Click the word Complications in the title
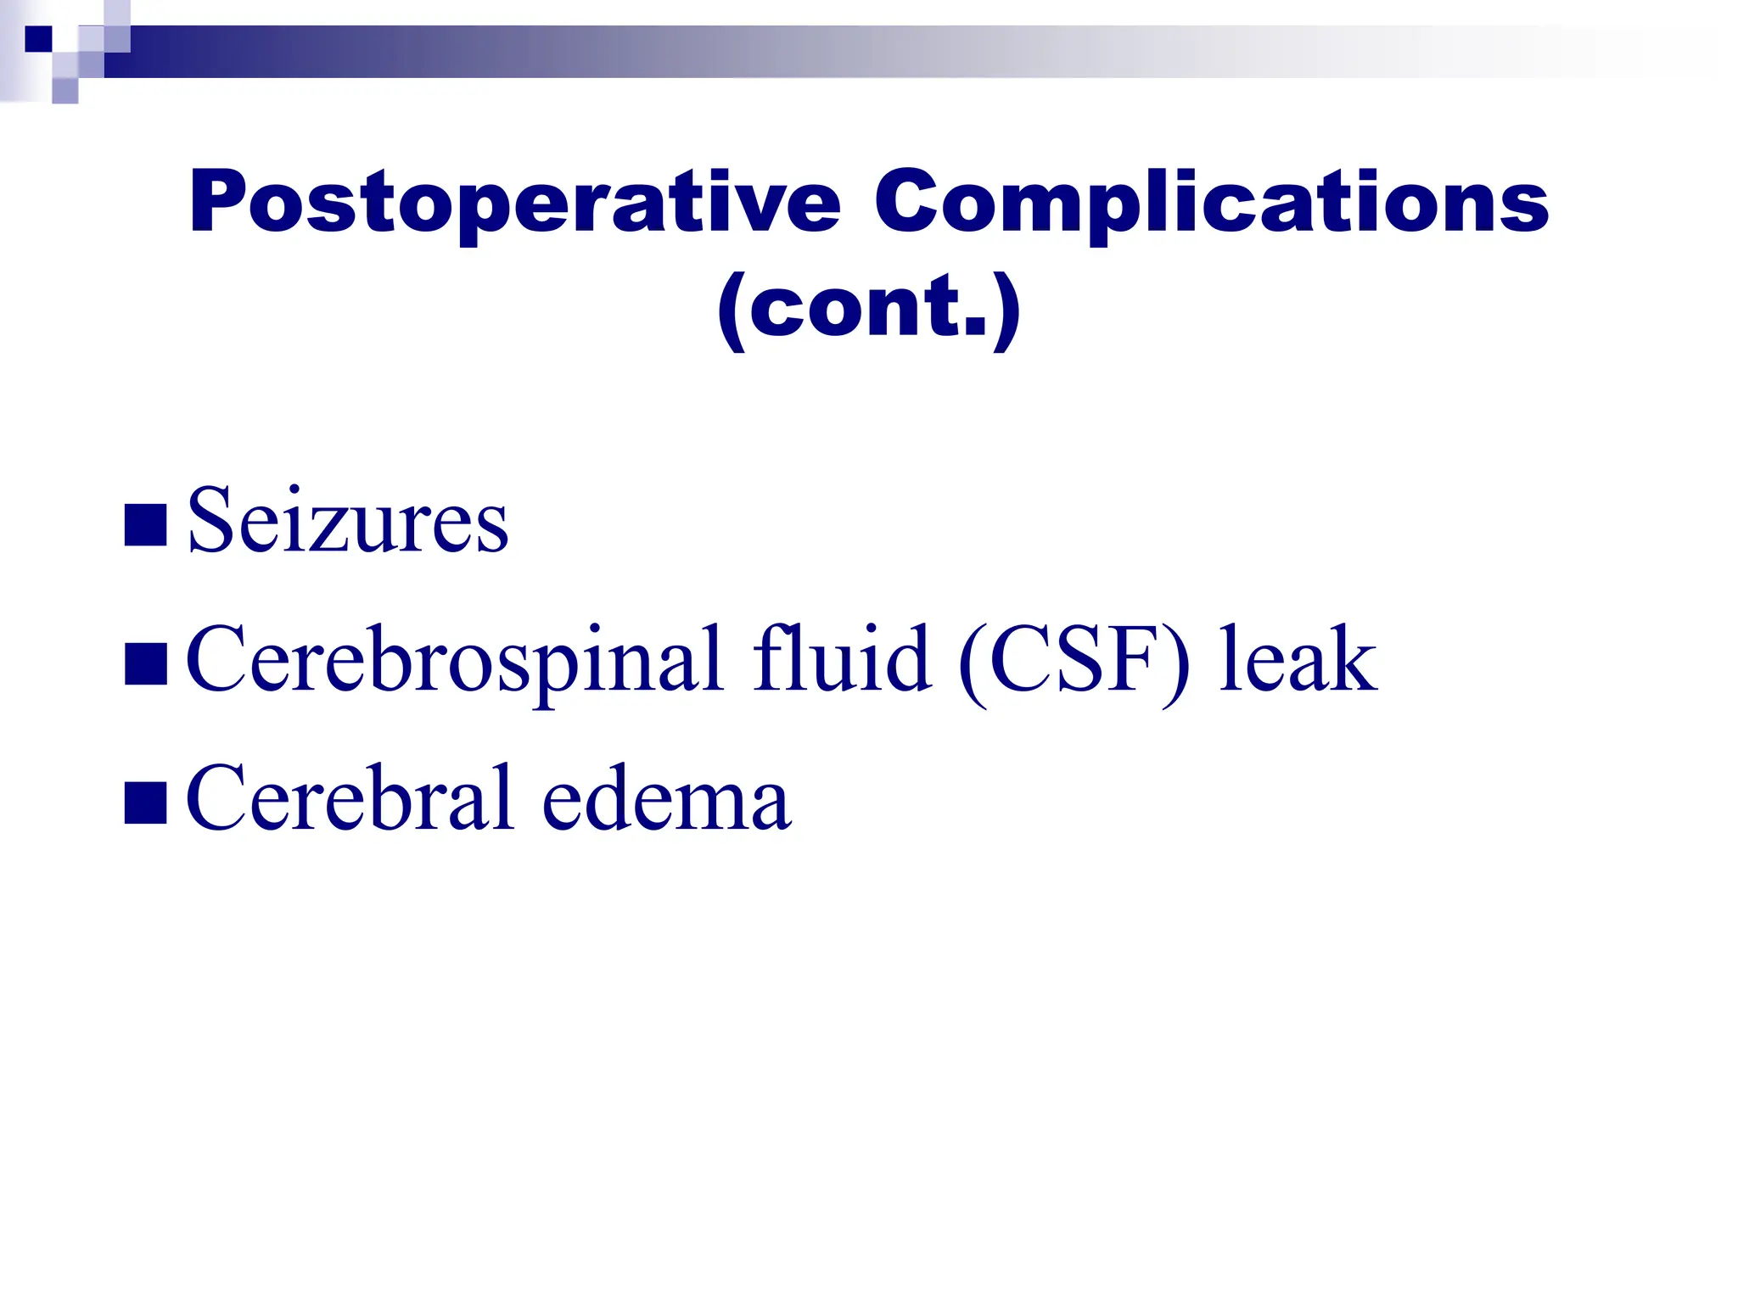1212,204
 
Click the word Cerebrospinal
454,660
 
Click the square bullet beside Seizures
145,525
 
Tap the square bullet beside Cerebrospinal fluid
145,664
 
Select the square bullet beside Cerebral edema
145,803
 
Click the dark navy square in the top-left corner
38,39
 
